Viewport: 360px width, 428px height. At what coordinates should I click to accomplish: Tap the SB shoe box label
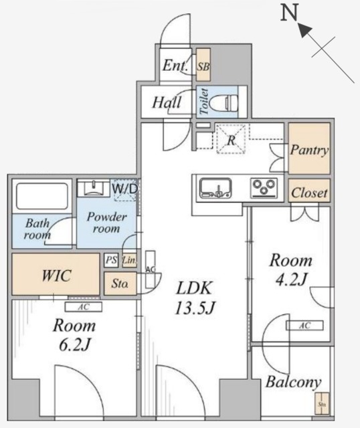click(203, 66)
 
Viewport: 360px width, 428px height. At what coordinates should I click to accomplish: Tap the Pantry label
click(309, 150)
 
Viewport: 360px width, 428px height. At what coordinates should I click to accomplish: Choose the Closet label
click(309, 193)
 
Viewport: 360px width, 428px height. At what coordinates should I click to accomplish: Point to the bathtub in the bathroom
click(41, 195)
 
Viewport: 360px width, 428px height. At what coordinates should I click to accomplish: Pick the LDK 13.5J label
click(194, 298)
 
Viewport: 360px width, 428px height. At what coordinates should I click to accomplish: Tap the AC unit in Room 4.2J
click(304, 326)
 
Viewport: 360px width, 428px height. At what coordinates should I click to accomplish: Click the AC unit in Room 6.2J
click(83, 307)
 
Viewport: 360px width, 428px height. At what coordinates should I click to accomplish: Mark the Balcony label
click(292, 383)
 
